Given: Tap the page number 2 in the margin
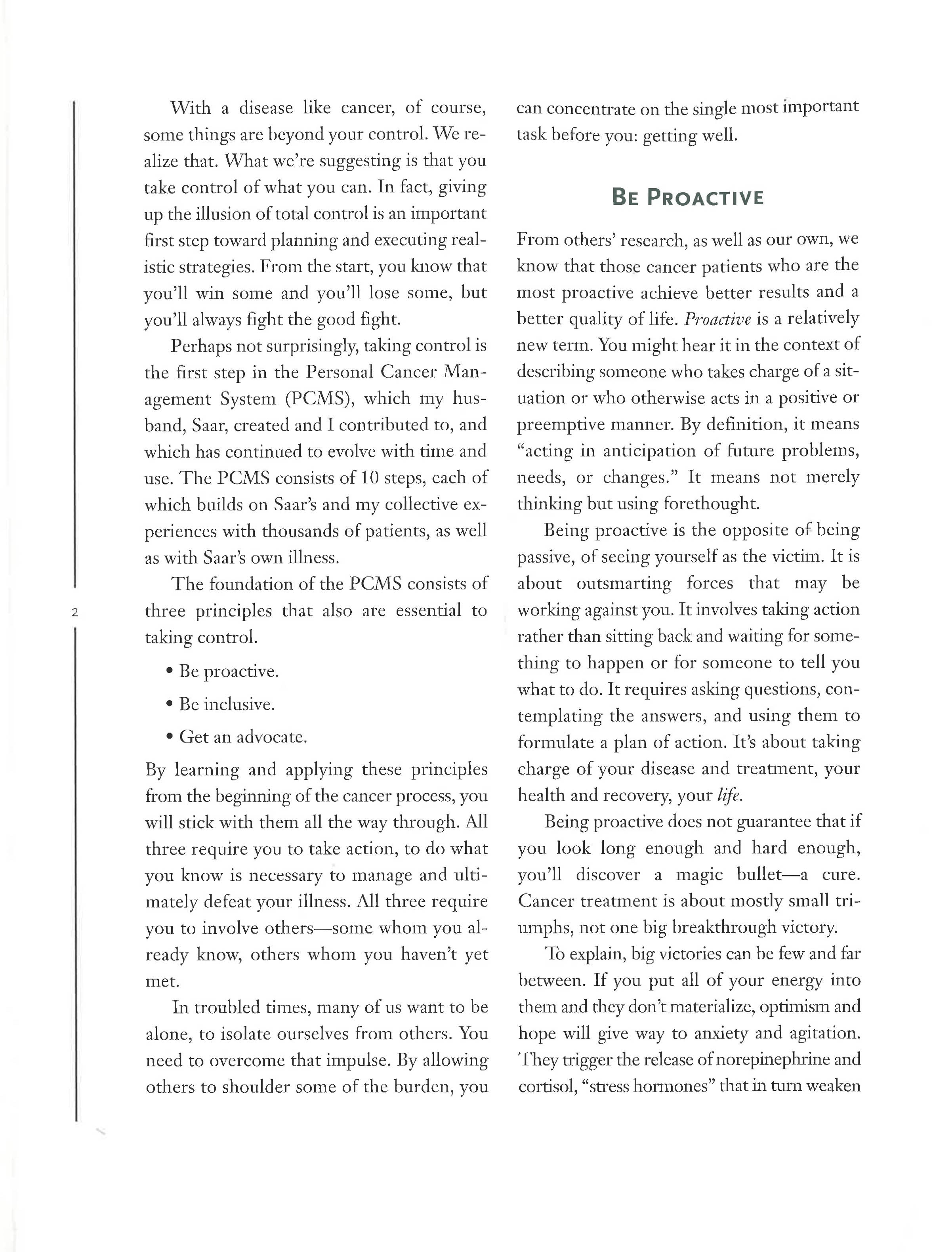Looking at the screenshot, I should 74,612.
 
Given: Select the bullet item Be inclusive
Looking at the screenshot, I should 227,704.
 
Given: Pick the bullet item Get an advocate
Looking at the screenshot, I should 243,737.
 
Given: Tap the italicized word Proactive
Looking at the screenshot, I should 717,319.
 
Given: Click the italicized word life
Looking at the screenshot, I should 729,795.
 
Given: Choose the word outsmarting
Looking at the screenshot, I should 624,583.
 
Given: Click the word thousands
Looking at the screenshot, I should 300,531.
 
